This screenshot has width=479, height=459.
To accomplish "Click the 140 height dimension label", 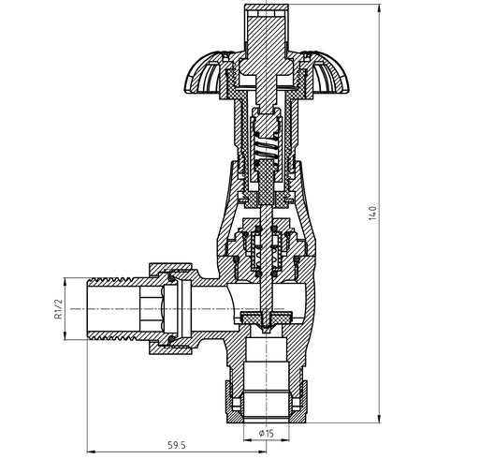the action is (372, 214).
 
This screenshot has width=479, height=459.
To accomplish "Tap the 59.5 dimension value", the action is (177, 445).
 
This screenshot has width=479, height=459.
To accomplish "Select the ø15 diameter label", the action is (266, 433).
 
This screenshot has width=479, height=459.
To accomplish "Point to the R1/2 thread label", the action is (58, 309).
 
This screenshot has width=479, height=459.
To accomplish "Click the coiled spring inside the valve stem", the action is (266, 146).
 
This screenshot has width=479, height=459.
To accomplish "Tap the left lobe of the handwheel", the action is (204, 73).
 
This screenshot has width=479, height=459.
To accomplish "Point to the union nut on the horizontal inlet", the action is (170, 308).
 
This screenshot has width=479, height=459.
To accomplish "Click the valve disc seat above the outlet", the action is (267, 319).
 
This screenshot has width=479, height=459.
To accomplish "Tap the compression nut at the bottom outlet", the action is (266, 402).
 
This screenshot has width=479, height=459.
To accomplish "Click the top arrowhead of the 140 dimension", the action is (379, 7).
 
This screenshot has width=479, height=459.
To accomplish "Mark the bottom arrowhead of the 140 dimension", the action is (379, 420).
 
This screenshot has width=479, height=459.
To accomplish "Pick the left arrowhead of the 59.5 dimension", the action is (90, 452).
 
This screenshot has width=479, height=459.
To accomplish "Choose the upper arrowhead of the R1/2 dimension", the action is (65, 281).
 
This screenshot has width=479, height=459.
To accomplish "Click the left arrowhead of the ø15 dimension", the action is (247, 440).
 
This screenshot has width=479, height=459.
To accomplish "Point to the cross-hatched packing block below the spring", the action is (266, 185).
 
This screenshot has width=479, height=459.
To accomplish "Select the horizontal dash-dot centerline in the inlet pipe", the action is (177, 309).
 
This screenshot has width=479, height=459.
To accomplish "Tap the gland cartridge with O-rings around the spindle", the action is (266, 250).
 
